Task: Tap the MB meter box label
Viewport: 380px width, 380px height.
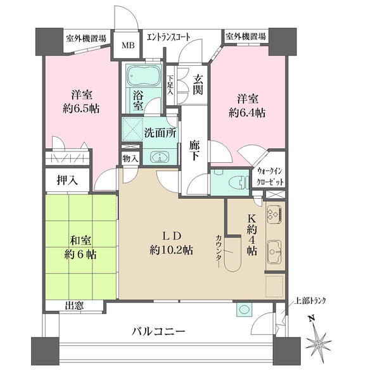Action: point(129,46)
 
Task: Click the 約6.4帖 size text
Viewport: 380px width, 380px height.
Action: point(246,113)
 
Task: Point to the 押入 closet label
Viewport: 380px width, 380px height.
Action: point(67,180)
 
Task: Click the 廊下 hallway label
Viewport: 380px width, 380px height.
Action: point(196,152)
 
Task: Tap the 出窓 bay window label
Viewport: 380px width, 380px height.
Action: point(74,305)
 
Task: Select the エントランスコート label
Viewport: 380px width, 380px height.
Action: point(168,37)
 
